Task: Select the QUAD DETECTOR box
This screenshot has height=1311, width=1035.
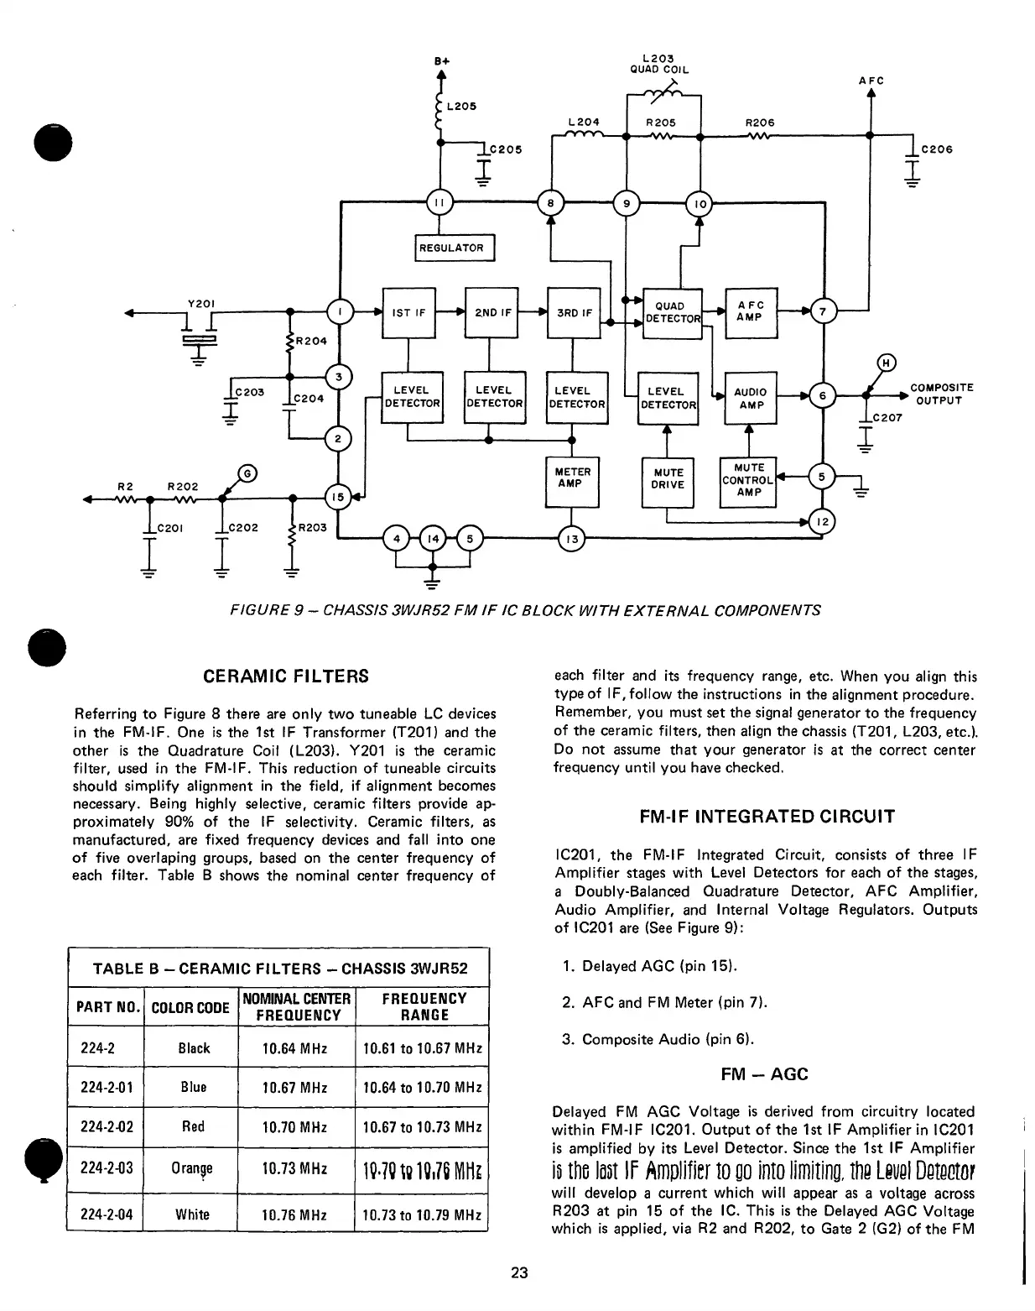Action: (671, 313)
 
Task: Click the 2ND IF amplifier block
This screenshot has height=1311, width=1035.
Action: (492, 313)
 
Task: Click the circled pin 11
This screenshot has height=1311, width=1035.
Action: (439, 202)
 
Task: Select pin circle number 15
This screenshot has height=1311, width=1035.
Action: (337, 497)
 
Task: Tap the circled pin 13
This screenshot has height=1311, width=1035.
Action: (571, 539)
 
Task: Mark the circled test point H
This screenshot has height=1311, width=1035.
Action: (886, 363)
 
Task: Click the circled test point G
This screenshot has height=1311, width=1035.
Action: (247, 473)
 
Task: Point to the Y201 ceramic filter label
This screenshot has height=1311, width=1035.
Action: (199, 304)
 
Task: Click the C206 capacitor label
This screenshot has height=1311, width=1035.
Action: (937, 149)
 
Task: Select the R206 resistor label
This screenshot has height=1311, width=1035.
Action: (759, 123)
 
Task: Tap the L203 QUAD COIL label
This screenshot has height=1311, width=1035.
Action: (659, 64)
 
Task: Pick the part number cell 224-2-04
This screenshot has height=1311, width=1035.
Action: (106, 1214)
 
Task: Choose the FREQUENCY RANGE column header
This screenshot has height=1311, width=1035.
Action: (424, 1006)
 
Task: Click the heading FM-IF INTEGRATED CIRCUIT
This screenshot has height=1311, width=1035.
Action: (767, 817)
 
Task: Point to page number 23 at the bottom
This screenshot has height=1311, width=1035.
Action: (519, 1273)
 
